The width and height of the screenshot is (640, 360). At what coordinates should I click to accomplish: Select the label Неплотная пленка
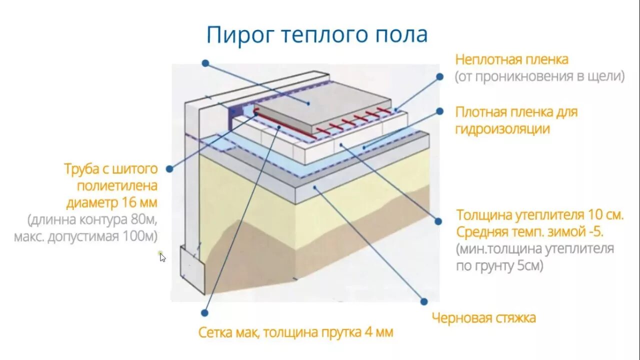(x=511, y=59)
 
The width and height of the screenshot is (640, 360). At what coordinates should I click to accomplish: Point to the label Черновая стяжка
(x=483, y=317)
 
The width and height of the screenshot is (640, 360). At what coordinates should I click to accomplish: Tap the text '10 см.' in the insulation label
(x=606, y=215)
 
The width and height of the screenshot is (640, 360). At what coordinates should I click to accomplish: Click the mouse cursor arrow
(x=162, y=257)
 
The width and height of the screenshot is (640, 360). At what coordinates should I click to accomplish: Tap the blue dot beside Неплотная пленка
(x=439, y=76)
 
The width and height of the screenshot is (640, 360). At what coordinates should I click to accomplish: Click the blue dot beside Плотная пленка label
(x=440, y=111)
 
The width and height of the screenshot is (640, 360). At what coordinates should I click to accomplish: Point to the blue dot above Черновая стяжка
(x=424, y=301)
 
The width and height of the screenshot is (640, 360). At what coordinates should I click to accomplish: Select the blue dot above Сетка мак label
(x=204, y=312)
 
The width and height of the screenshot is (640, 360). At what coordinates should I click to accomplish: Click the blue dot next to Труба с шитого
(x=169, y=169)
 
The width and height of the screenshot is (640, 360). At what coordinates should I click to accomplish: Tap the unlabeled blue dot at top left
(x=205, y=63)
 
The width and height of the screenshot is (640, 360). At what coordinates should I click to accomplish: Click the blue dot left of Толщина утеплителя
(x=438, y=220)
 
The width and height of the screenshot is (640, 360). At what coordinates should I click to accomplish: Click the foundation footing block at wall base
(x=192, y=270)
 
